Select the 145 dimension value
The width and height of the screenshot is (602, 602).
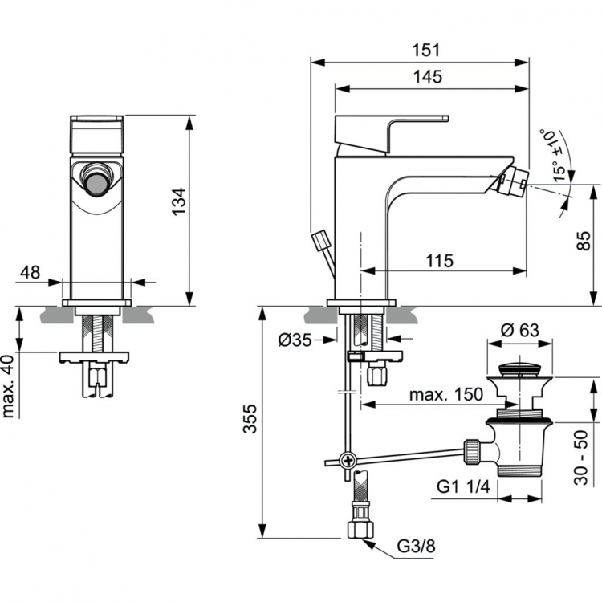[428, 77]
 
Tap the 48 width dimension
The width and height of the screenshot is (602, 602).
[31, 273]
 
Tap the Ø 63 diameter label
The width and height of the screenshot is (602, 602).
[520, 331]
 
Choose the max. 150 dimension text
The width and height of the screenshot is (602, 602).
[445, 394]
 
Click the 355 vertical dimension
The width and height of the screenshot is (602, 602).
[251, 421]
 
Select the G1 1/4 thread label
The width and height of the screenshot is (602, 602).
[465, 487]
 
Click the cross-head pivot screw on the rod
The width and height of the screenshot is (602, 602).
[348, 461]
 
